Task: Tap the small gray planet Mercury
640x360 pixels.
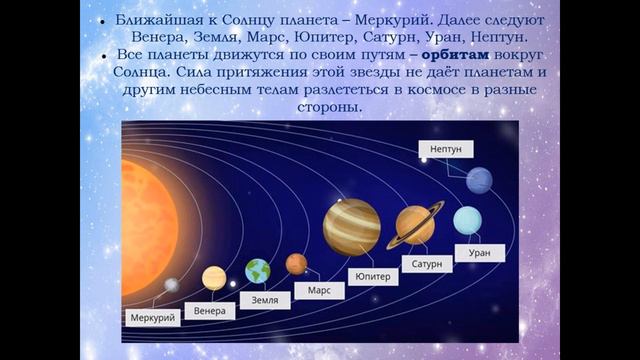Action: pos(171,285)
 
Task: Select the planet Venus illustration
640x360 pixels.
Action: pos(213,277)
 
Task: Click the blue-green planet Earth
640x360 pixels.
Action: pos(258,271)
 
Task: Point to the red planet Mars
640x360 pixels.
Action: pos(296,264)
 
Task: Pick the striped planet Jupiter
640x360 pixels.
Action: pos(351,226)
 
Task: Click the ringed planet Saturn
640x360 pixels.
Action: pos(414,225)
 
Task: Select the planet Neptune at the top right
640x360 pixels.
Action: pos(479,180)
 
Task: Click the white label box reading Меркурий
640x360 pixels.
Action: pos(154,318)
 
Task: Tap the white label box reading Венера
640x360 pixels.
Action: pos(210,310)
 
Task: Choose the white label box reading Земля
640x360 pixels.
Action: pos(265,300)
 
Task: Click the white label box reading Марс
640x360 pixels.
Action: pos(319,290)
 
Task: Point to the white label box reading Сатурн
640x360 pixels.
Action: pos(427,265)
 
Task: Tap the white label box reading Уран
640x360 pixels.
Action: pos(479,253)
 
